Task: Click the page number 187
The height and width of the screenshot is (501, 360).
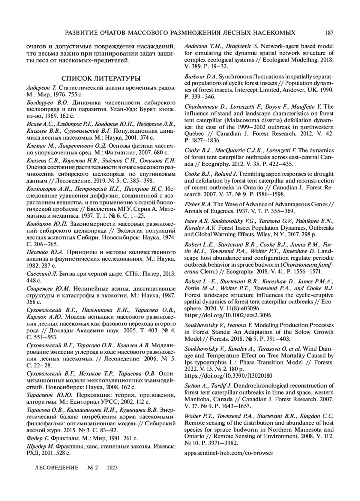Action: [329, 32]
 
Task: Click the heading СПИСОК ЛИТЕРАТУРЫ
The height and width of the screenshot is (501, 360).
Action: [101, 79]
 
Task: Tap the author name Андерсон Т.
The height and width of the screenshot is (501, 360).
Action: [41, 88]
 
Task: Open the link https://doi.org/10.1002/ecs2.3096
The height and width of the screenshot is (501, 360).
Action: [228, 315]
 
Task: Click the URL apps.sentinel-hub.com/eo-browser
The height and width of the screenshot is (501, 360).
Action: [229, 453]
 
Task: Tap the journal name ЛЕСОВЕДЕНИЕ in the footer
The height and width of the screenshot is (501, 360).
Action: [57, 468]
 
